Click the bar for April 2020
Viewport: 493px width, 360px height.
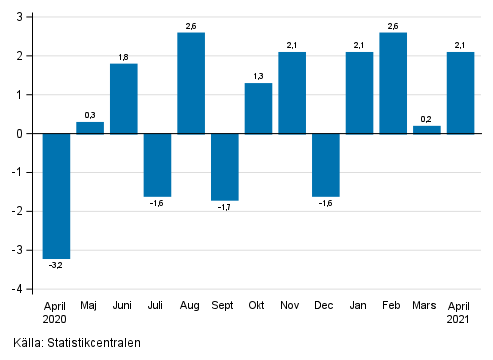56,195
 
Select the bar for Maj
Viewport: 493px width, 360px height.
90,127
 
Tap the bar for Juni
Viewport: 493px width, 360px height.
124,98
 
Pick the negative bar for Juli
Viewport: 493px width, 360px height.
157,164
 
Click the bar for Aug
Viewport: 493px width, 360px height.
191,83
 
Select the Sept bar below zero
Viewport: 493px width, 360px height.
225,166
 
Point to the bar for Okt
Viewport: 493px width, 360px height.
258,108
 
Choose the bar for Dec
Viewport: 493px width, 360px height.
326,164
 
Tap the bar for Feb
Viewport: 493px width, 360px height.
393,83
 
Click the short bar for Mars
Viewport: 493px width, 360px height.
427,129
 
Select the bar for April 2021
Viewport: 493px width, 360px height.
460,92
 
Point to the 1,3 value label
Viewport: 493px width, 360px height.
258,76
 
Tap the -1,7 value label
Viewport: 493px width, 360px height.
225,207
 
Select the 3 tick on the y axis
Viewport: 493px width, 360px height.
24,17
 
